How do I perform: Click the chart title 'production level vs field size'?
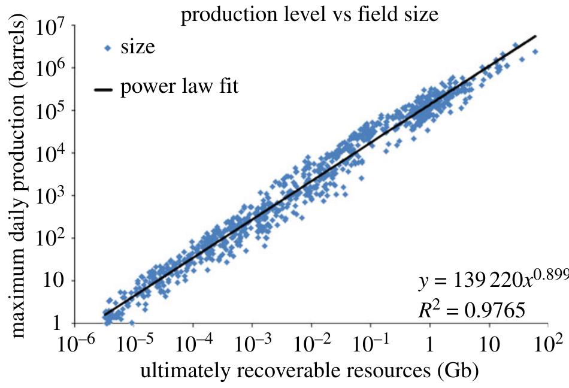click(x=310, y=14)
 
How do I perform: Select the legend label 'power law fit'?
click(x=180, y=87)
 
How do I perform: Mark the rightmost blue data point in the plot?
click(x=535, y=51)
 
